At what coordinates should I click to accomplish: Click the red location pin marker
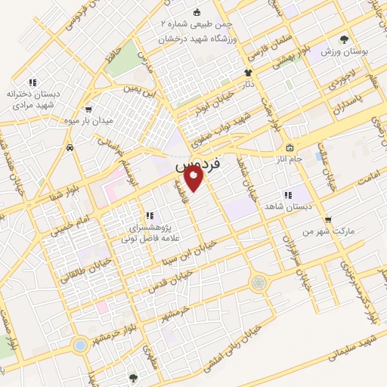tap(194, 179)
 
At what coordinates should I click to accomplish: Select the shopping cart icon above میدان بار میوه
tap(89, 108)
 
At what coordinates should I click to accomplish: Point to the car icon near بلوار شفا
tap(70, 148)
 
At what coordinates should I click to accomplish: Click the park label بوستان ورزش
tap(343, 51)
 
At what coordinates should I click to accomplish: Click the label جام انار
tap(310, 159)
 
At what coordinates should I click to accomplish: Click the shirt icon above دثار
tap(247, 73)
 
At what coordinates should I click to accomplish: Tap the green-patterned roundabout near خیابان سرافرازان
tap(259, 283)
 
